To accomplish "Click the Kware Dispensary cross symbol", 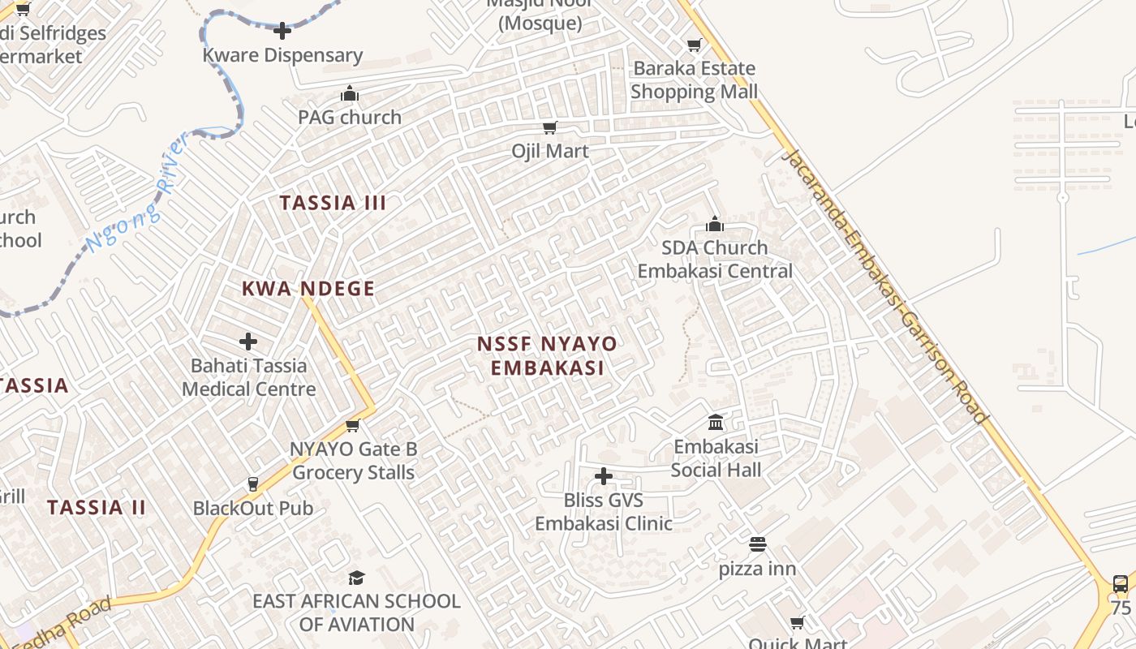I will tap(282, 32).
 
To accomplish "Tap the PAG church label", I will tap(350, 117).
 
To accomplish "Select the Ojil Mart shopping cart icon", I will tap(550, 127).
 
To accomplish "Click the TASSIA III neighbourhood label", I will tap(333, 203).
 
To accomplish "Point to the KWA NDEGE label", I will tap(308, 289).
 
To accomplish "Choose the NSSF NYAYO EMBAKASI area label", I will tap(547, 355).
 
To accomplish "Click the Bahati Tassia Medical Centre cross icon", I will tap(248, 342).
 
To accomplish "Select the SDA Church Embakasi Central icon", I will tap(715, 224).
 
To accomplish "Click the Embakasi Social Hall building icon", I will tap(716, 422).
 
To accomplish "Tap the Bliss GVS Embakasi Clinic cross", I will tap(604, 476).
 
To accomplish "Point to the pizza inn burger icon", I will tap(758, 544).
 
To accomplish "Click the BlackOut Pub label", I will tap(252, 509).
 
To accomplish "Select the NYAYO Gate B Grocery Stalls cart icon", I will tap(353, 425).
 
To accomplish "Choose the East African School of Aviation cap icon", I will tap(356, 578).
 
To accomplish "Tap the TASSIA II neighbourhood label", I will tap(97, 508).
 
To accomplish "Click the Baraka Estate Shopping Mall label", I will tap(694, 80).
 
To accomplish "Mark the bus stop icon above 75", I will tap(1121, 583).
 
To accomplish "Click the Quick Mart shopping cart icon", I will tap(798, 622).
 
